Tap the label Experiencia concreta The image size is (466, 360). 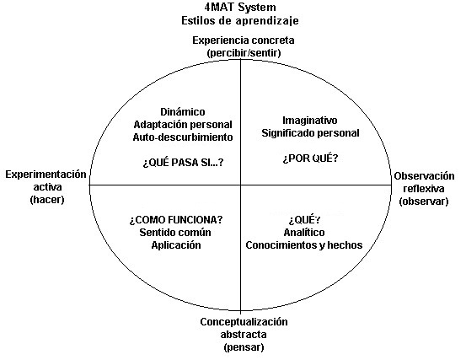(x=244, y=40)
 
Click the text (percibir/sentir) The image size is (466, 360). (x=244, y=53)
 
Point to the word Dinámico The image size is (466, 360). (x=182, y=112)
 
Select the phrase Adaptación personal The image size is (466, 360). (x=182, y=125)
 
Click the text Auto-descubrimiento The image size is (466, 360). (x=182, y=137)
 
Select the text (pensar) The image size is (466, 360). (x=244, y=347)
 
